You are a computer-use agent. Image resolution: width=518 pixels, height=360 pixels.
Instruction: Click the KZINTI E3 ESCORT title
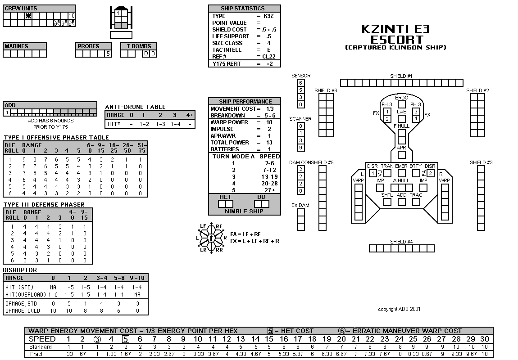pos(396,34)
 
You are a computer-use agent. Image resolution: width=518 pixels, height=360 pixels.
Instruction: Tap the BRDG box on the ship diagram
pos(402,104)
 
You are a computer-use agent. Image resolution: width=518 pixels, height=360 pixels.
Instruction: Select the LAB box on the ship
pos(402,118)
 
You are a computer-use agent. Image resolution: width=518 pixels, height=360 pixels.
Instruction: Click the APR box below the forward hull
pos(402,154)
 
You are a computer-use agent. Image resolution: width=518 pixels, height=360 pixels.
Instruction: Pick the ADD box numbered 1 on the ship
pos(402,202)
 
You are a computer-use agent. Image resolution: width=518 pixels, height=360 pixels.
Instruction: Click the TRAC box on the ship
pos(416,202)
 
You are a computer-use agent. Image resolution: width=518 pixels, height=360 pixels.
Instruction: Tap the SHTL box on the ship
pos(387,202)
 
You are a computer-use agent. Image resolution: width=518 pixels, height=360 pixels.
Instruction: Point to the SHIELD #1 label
pos(401,76)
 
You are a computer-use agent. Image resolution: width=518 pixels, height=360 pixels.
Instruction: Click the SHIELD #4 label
pos(401,242)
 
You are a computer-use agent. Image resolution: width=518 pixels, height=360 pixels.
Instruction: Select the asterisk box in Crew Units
pos(28,15)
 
